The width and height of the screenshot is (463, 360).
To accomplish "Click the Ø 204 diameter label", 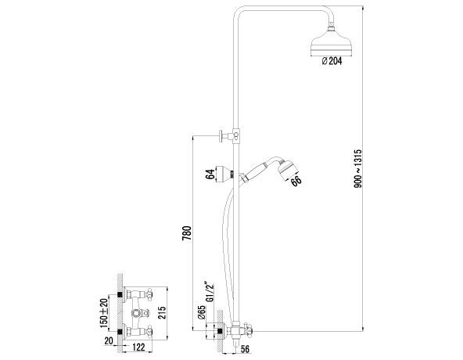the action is (x=332, y=61).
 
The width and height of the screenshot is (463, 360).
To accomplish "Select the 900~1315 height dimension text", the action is (x=358, y=168).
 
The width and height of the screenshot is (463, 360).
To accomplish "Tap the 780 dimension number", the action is (x=187, y=234).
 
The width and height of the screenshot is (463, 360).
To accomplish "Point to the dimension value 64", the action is (x=210, y=175).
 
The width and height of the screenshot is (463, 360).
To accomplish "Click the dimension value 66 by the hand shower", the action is (x=296, y=181).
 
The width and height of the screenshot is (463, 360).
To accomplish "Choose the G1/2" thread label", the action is (x=210, y=292).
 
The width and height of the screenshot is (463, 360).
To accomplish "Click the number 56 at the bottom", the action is (x=245, y=349).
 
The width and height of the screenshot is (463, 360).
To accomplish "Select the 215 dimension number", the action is (x=162, y=313).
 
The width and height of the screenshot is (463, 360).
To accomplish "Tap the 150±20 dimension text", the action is (x=104, y=313).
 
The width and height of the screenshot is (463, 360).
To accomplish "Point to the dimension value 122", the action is (x=138, y=347).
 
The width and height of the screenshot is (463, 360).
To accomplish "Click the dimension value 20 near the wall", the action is (x=109, y=340).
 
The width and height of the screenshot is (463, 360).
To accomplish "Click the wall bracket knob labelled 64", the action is (x=224, y=175).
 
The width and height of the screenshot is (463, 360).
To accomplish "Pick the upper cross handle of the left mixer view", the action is (x=147, y=294).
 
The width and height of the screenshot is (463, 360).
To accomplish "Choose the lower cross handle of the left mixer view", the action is (x=147, y=331).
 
